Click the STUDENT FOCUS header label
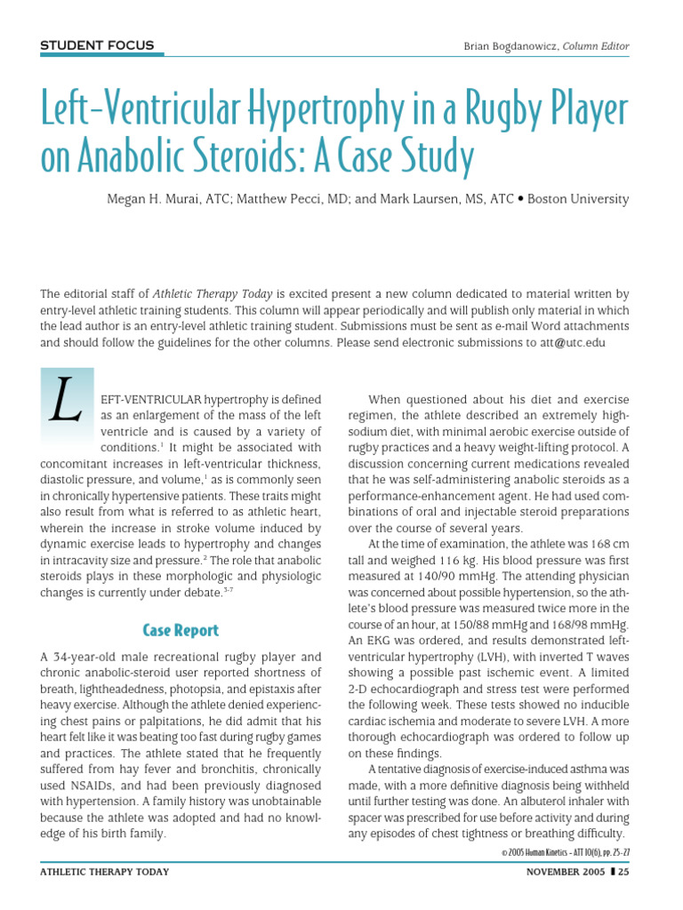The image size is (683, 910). point(97,45)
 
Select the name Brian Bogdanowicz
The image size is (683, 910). point(508,45)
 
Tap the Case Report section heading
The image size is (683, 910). point(181,630)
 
